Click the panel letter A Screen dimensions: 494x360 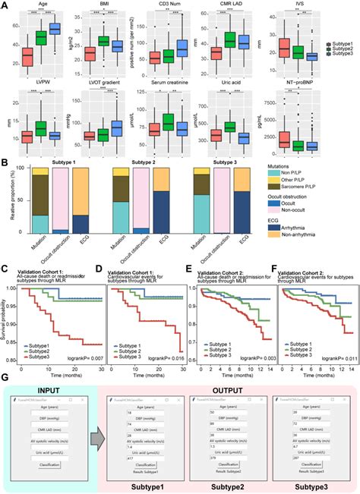[x=5, y=5]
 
